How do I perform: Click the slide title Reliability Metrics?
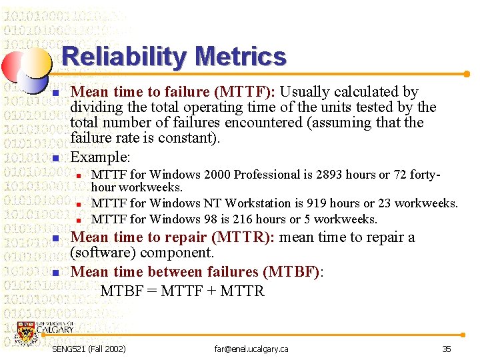[x=174, y=57]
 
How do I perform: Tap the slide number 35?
[x=446, y=349]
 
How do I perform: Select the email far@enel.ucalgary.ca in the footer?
[x=251, y=349]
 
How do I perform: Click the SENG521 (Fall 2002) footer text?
[x=89, y=349]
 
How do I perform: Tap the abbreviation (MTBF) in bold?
[x=292, y=272]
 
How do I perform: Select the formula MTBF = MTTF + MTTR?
[x=182, y=291]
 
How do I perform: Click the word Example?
[x=100, y=157]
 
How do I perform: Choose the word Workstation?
[x=255, y=203]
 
